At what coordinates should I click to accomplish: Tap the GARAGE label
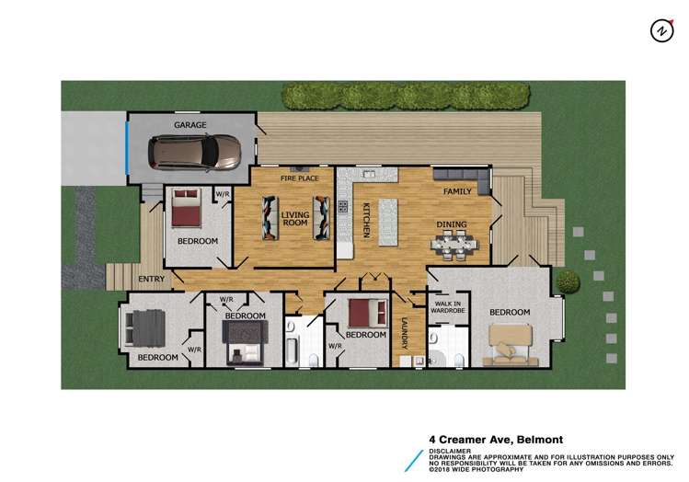click(190, 125)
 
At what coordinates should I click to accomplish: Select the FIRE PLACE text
click(286, 178)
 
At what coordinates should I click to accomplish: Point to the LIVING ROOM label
click(295, 218)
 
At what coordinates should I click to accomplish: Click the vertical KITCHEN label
click(364, 221)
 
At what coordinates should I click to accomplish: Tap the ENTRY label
click(152, 279)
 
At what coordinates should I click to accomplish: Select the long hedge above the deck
click(405, 96)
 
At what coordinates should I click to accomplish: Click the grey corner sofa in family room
click(460, 175)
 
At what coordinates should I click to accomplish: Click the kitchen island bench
click(387, 221)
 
